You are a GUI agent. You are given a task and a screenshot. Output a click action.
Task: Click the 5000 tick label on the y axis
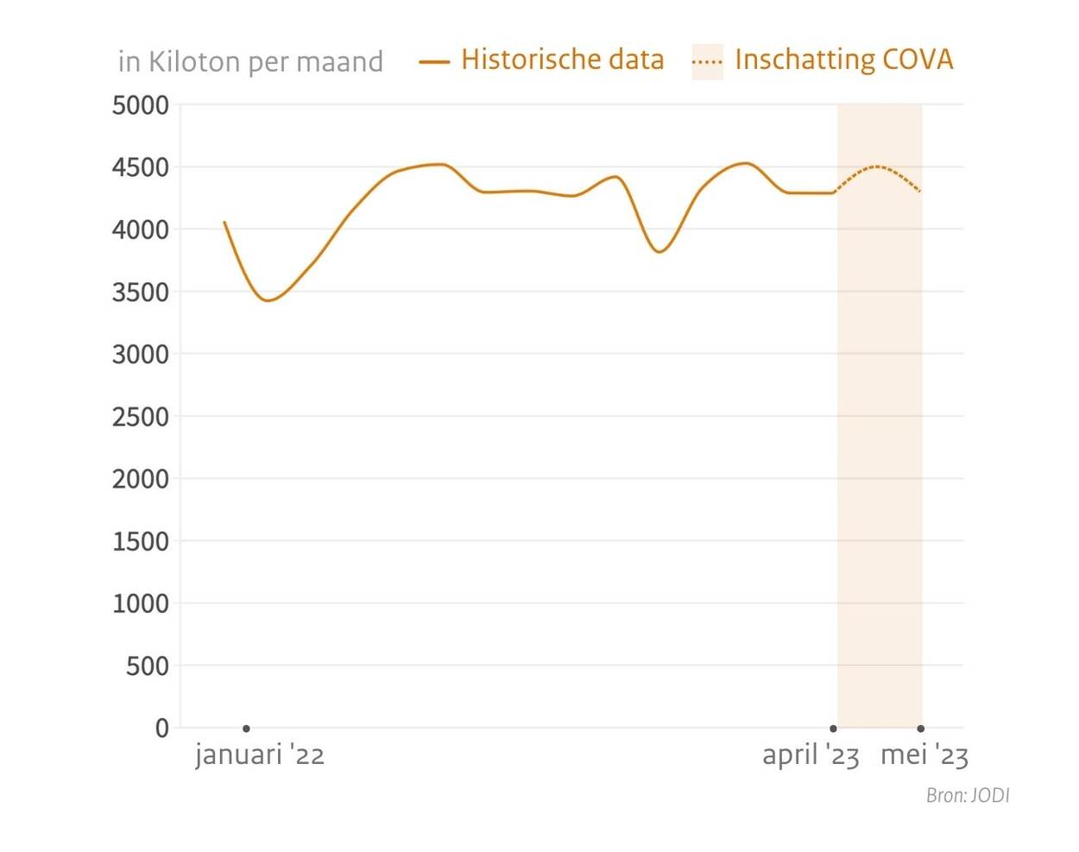click(140, 105)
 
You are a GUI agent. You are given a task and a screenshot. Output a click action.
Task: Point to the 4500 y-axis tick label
click(140, 167)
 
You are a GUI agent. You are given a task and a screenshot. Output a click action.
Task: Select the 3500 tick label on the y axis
click(140, 293)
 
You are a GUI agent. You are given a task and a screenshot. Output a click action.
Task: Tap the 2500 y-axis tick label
click(140, 417)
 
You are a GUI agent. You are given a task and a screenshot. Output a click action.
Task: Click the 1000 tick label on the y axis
click(140, 603)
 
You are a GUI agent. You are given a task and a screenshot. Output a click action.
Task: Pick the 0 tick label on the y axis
click(162, 728)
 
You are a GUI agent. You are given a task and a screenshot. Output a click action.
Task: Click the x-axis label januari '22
click(260, 755)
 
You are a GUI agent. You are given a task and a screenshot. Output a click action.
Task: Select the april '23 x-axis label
click(811, 755)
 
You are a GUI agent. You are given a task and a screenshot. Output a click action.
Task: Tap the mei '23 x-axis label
click(924, 755)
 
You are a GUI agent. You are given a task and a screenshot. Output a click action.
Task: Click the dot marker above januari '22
click(246, 729)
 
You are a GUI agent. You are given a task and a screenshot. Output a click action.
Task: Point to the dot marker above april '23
click(833, 729)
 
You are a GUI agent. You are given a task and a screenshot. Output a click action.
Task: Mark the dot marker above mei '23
click(921, 729)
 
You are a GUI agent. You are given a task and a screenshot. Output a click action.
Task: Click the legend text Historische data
click(562, 60)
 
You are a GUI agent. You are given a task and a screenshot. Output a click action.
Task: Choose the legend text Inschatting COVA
click(843, 60)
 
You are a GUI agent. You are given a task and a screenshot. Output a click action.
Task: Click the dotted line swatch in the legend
click(707, 62)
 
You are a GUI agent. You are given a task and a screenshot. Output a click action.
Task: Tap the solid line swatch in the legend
click(434, 62)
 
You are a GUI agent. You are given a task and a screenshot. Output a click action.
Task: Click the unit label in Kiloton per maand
click(250, 62)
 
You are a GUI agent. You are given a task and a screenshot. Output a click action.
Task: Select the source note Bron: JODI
click(967, 795)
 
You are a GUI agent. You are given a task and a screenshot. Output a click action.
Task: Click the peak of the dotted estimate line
click(876, 166)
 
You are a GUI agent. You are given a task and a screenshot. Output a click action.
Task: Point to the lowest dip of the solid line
click(268, 300)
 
